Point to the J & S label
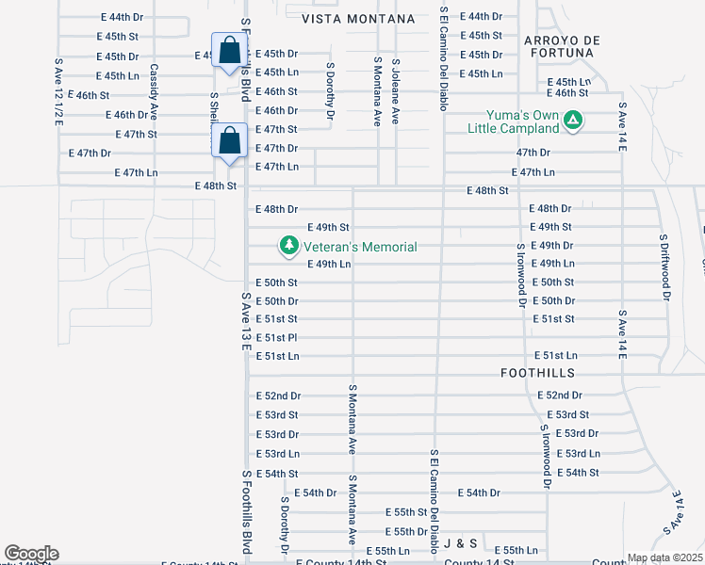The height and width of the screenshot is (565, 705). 461,543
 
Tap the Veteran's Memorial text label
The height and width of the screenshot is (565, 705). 359,247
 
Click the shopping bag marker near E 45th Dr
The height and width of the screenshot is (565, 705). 229,51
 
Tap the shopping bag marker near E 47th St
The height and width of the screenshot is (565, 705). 229,141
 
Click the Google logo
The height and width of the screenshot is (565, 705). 31,554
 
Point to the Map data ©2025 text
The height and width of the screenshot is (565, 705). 664,557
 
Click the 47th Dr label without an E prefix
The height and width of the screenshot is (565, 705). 533,152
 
